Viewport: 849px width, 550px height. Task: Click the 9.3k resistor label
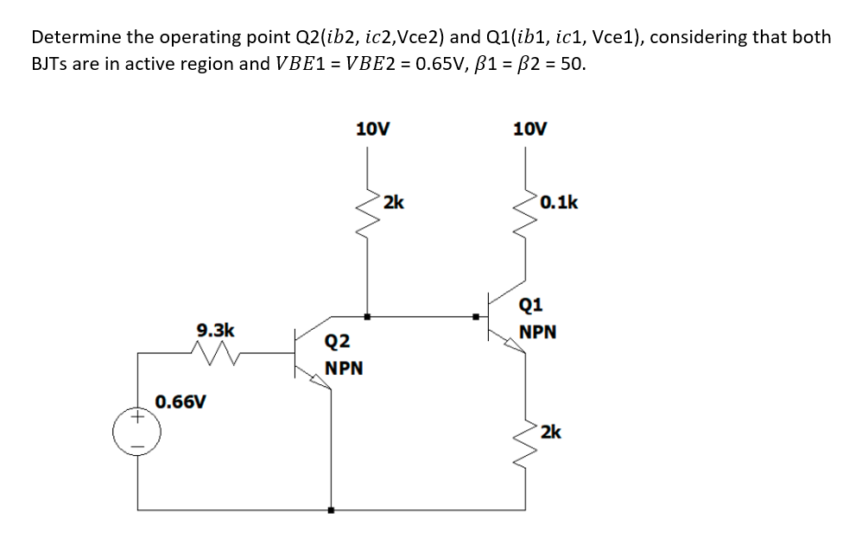pyautogui.click(x=215, y=330)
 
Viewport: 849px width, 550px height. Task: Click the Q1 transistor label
pyautogui.click(x=531, y=304)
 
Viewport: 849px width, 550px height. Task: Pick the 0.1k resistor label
pyautogui.click(x=559, y=203)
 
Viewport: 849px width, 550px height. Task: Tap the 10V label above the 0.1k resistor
pyautogui.click(x=529, y=130)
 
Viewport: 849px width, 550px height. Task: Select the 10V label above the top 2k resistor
pyautogui.click(x=373, y=130)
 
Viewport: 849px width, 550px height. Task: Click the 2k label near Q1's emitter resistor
pyautogui.click(x=551, y=432)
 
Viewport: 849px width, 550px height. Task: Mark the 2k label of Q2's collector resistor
pyautogui.click(x=393, y=203)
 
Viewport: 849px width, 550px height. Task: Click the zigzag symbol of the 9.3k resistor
pyautogui.click(x=212, y=351)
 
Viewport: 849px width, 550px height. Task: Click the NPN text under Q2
pyautogui.click(x=344, y=369)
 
